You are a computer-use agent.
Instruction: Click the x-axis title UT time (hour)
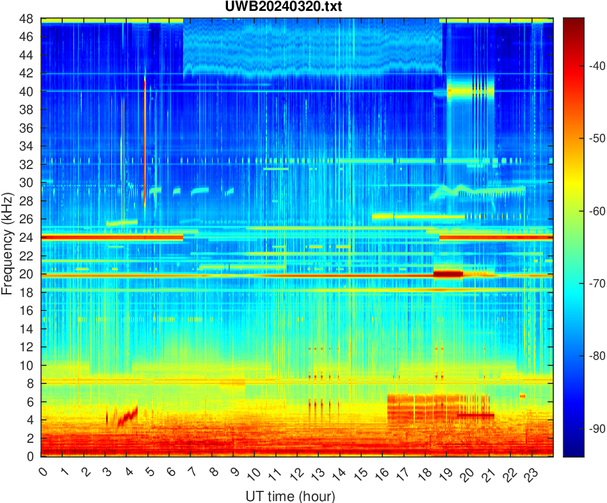coord(290,496)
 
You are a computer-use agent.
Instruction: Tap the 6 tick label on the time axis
coord(170,473)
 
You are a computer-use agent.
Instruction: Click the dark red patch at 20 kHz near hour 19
coord(448,274)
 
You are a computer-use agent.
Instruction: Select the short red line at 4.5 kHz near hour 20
coord(475,415)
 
